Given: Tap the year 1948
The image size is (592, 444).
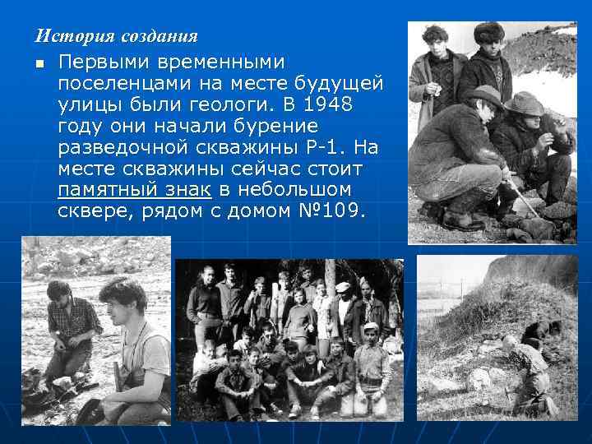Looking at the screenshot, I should [x=326, y=105].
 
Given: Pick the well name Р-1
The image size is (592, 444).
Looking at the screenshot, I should [x=316, y=148].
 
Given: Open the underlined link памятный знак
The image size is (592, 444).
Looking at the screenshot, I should [x=135, y=191].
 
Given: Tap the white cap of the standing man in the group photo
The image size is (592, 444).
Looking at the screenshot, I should [x=344, y=287].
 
